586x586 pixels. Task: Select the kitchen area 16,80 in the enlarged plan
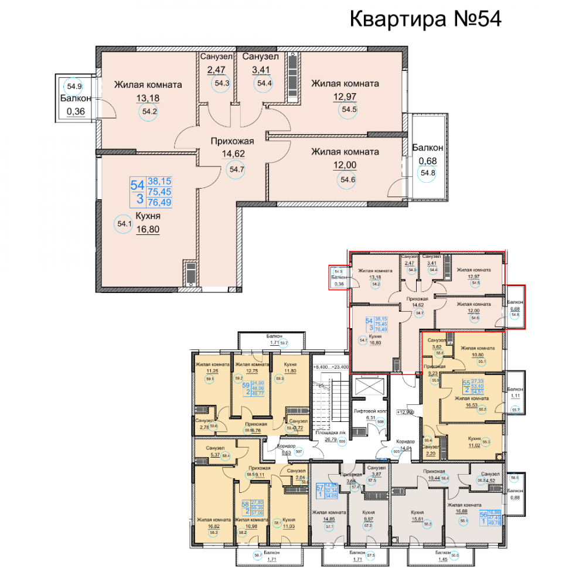tap(150, 230)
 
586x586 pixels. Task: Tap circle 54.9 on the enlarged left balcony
tap(73, 86)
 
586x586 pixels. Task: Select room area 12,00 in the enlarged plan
tap(345, 166)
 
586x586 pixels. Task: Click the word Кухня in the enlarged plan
tap(149, 217)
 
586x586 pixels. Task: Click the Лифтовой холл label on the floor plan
tap(368, 411)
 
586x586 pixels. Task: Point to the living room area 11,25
tap(209, 370)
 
